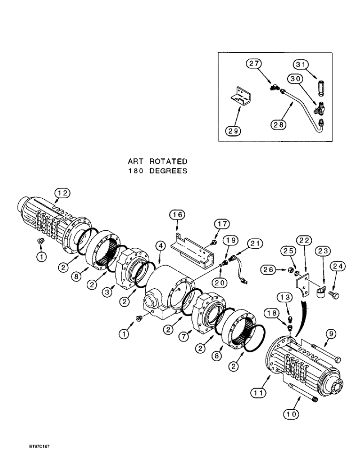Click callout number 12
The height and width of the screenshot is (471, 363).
tap(62, 192)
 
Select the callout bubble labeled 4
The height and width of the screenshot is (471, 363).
tap(161, 245)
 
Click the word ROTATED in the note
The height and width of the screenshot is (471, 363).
tap(169, 162)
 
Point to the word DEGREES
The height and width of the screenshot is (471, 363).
tap(169, 171)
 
